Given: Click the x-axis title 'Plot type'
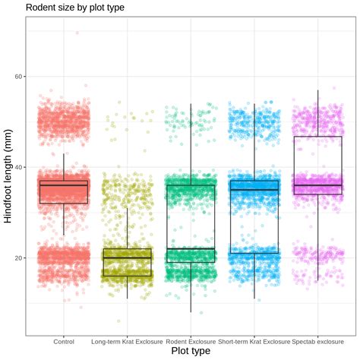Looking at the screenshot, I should coord(191,351).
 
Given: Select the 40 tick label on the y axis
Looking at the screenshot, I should coord(19,167).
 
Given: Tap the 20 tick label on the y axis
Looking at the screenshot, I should coord(19,258).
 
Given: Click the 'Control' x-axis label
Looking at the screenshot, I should coord(64,341).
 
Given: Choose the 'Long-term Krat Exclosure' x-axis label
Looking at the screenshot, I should coord(127,341).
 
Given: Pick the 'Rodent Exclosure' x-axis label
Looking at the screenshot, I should coord(191,341).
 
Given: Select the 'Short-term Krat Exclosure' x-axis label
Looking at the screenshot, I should coord(254,341).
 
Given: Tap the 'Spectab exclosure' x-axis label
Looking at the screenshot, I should coord(317,341).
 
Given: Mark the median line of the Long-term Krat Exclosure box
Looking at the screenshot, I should coord(127,258).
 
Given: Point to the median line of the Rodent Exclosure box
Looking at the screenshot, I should coord(191,249).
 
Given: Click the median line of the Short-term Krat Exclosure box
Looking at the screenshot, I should coord(254,190).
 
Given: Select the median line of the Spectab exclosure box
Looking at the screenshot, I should coord(317,185).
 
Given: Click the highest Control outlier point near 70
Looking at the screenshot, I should coord(77,33).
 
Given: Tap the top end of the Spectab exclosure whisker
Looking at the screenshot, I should coord(317,90).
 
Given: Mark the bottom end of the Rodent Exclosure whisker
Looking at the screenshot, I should coord(191,312).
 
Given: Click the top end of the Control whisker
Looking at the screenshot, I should coord(64,153).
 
